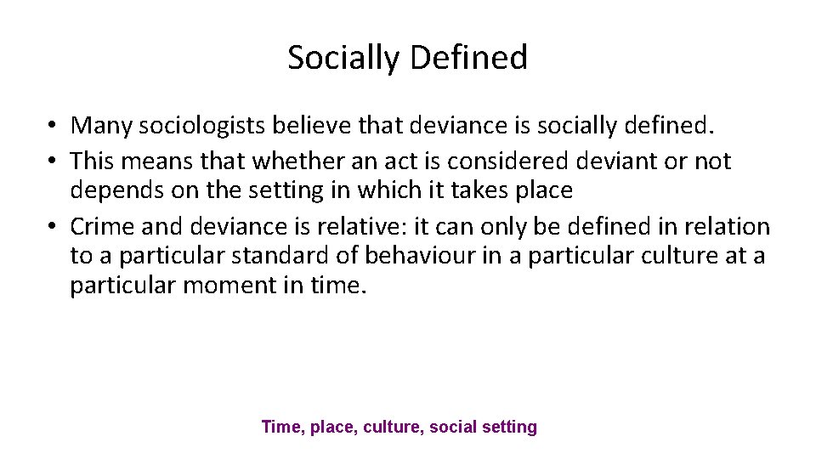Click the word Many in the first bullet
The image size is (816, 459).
coord(101,126)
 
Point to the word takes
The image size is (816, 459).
coord(474,190)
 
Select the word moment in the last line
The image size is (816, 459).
coord(239,286)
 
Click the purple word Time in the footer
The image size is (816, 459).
coord(280,427)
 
